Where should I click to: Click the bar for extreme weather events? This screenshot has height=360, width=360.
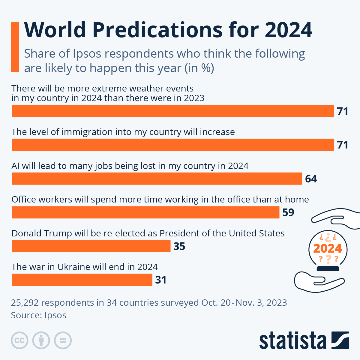pos(172,111)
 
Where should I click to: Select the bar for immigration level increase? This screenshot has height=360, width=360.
pos(172,145)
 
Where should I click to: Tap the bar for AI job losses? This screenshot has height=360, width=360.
pos(157,179)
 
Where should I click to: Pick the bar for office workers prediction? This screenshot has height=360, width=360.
pos(145,212)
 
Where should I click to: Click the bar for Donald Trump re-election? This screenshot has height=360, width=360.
pos(91,246)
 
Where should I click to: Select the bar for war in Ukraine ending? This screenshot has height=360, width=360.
pos(82,280)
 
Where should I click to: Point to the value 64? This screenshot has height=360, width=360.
pos(311,179)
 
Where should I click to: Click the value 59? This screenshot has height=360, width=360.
pos(288,212)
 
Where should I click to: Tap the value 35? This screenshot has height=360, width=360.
pos(179,246)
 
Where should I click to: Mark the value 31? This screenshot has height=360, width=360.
pos(161,280)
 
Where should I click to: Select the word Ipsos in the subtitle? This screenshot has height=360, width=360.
pos(87,54)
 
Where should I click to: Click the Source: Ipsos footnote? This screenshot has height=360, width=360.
pos(39,315)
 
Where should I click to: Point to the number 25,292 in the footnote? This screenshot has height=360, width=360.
pos(25,302)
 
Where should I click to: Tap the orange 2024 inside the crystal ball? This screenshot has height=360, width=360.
pos(328,248)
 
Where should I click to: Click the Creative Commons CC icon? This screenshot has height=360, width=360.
pos(20,340)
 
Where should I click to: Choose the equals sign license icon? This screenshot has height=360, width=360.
pos(63,340)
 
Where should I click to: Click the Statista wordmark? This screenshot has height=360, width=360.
pos(292,341)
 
